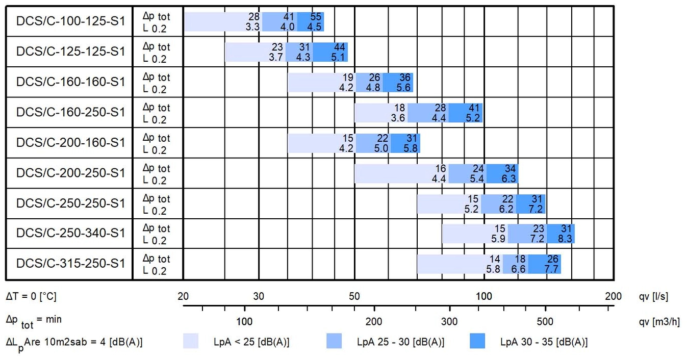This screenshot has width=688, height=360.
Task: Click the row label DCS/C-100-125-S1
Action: coord(70,22)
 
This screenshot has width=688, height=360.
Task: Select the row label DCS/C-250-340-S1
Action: coord(70,234)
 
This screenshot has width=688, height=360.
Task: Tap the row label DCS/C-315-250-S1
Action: coord(70,264)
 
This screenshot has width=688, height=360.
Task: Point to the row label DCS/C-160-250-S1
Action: coord(70,112)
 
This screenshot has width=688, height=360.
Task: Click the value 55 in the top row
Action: coord(316,17)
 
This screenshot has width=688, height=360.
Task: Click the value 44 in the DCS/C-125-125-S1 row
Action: coord(340,47)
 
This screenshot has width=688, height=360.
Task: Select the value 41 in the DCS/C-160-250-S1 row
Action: coord(475,108)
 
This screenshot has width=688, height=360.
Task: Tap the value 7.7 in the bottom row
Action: coord(552,269)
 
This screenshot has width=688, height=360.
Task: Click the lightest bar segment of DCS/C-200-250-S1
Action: coord(401,173)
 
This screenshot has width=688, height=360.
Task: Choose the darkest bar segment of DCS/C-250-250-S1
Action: coord(530,203)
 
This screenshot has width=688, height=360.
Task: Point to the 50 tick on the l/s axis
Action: coord(354,296)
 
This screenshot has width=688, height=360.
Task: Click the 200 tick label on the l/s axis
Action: coord(613,296)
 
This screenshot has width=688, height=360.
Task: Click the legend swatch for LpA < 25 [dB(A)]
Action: coord(191,341)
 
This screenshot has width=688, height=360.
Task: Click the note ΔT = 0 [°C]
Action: coord(31,296)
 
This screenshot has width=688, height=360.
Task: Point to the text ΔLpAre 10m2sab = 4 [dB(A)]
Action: coord(74,342)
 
